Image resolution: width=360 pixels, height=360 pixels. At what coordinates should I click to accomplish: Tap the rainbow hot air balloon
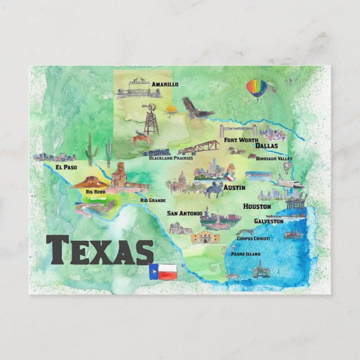[x=257, y=89]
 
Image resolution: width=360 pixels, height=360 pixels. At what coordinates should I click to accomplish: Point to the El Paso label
[x=67, y=167]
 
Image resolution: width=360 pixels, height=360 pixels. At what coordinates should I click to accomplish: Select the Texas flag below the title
[x=163, y=272]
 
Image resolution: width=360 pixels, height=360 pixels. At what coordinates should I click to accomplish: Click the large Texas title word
[x=100, y=250]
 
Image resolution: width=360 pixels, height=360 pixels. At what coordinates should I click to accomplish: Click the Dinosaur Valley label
[x=274, y=159]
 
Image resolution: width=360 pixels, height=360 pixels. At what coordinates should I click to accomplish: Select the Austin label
[x=234, y=188]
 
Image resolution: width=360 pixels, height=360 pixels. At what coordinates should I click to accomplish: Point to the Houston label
[x=257, y=206]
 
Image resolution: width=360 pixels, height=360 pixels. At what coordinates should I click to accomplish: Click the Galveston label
[x=268, y=221]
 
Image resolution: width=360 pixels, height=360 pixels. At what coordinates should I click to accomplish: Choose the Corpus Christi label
[x=253, y=239]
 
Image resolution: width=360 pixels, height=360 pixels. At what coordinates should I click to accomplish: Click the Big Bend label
[x=95, y=192]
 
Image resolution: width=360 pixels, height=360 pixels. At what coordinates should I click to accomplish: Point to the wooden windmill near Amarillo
[x=151, y=119]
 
